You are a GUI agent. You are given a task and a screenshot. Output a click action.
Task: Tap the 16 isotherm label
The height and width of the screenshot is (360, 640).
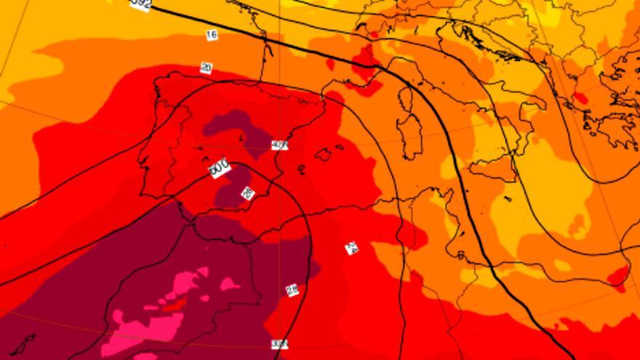tap(212, 34)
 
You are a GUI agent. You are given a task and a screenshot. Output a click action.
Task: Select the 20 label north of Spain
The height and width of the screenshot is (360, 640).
tap(206, 68)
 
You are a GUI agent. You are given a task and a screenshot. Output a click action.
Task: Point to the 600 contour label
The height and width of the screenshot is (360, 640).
tap(219, 168)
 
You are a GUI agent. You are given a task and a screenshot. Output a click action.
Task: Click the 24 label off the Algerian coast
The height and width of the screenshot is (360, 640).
tap(351, 248)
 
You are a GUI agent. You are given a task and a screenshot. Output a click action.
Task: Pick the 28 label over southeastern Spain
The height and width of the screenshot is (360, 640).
tap(247, 193)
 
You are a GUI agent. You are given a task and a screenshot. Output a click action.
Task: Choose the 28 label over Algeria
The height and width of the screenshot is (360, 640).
tap(292, 290)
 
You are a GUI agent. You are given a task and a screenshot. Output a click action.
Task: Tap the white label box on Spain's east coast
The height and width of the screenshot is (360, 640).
tap(279, 145)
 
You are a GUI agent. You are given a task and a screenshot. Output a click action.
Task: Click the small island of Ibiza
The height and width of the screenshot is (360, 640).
tap(301, 169)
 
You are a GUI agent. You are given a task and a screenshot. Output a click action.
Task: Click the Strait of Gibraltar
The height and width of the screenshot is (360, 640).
tap(183, 212)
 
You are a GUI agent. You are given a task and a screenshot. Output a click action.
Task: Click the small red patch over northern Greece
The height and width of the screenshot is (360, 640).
tap(580, 98)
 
